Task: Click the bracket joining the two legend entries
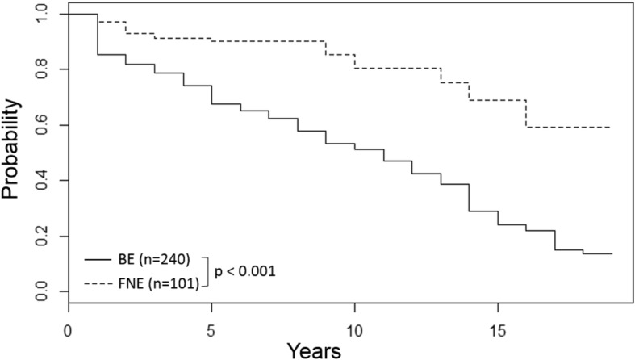pyautogui.click(x=208, y=271)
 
